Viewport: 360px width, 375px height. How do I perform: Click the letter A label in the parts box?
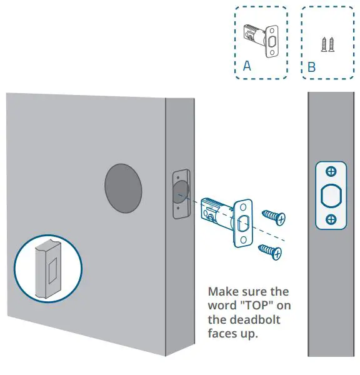[x=247, y=66]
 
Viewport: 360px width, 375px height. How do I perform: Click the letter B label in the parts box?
[x=311, y=67]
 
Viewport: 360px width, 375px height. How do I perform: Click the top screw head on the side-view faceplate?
[x=331, y=171]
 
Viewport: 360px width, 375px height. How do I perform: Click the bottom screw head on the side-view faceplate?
[x=331, y=219]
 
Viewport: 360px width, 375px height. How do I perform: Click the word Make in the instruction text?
[x=223, y=292]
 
